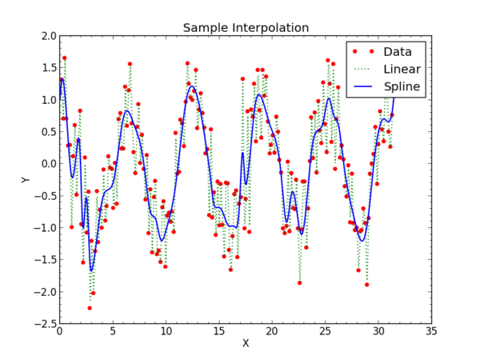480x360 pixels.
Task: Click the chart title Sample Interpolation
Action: click(246, 28)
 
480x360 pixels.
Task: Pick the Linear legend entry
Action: click(402, 69)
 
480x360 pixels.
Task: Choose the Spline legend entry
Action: click(402, 86)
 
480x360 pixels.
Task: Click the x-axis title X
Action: click(246, 343)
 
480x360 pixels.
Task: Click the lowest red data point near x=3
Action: click(90, 308)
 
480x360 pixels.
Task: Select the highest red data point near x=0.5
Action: click(65, 58)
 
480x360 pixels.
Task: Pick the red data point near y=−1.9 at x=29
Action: click(367, 285)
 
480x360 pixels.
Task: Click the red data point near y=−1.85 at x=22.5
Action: click(300, 282)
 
